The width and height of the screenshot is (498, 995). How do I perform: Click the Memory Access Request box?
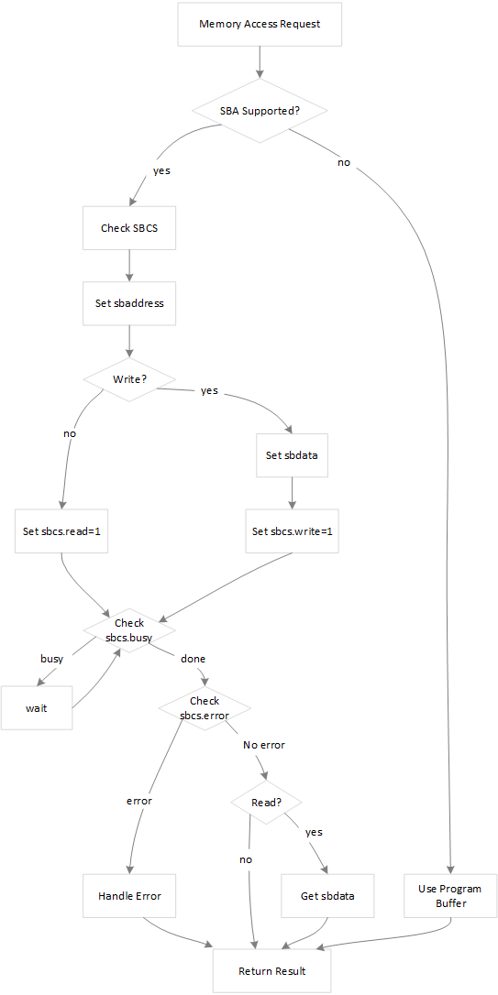tap(260, 24)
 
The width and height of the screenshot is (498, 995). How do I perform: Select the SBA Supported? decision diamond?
tap(260, 110)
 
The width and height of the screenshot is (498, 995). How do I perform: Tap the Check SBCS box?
tap(129, 228)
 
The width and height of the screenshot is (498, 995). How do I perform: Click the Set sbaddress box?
tap(129, 303)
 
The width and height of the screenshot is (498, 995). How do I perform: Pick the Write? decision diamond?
tap(129, 379)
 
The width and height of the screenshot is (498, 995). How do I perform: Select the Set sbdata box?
tap(292, 454)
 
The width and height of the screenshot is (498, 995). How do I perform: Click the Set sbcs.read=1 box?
tap(61, 531)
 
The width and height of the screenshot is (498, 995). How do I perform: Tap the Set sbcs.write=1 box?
tap(292, 531)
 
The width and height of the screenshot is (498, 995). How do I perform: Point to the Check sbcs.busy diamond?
tap(129, 630)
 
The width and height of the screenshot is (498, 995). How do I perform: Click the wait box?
tap(37, 708)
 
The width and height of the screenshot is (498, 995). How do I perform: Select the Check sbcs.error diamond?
tap(204, 708)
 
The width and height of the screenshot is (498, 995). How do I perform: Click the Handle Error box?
tap(129, 895)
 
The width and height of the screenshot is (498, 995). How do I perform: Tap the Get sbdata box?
tap(327, 895)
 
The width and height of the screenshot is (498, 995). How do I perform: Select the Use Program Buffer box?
tap(449, 895)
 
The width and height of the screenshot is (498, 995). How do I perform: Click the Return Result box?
tap(271, 971)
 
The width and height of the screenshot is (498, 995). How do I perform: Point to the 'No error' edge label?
tap(263, 745)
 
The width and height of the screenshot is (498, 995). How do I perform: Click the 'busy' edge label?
tap(52, 659)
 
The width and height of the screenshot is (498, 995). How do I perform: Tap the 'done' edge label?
tap(194, 659)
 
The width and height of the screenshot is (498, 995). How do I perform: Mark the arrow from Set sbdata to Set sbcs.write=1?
tap(292, 493)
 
